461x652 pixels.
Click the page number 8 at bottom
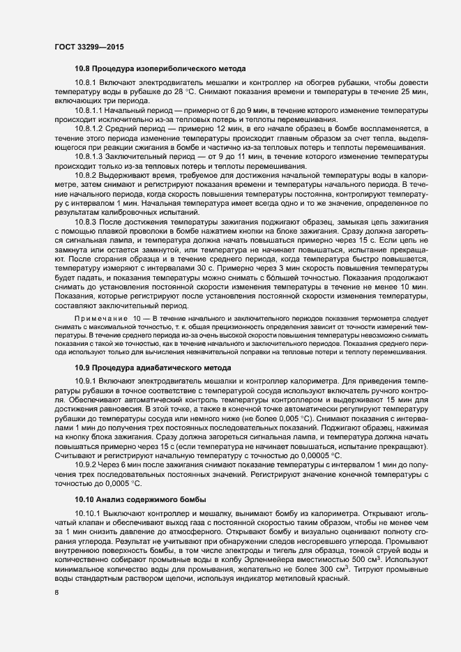(x=57, y=593)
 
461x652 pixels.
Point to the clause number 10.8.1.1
(x=91, y=110)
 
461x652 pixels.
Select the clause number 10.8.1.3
(x=91, y=158)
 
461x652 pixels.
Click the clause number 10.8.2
(x=86, y=176)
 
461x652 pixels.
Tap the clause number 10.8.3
(x=86, y=222)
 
